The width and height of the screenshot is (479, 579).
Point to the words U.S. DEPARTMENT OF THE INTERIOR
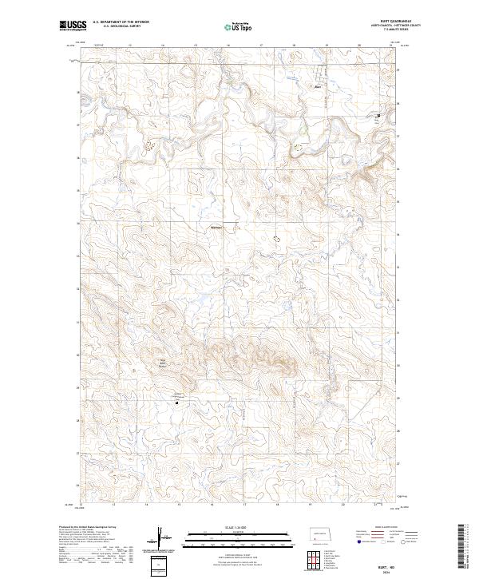(121, 22)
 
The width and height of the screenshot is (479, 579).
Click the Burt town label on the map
(317, 87)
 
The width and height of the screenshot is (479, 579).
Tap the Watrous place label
(216, 227)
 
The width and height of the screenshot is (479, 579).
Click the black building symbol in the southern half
(176, 402)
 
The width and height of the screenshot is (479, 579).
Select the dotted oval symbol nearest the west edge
(149, 145)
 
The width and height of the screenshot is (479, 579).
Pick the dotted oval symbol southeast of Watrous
(277, 237)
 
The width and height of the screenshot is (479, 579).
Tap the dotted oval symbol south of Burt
(299, 147)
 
